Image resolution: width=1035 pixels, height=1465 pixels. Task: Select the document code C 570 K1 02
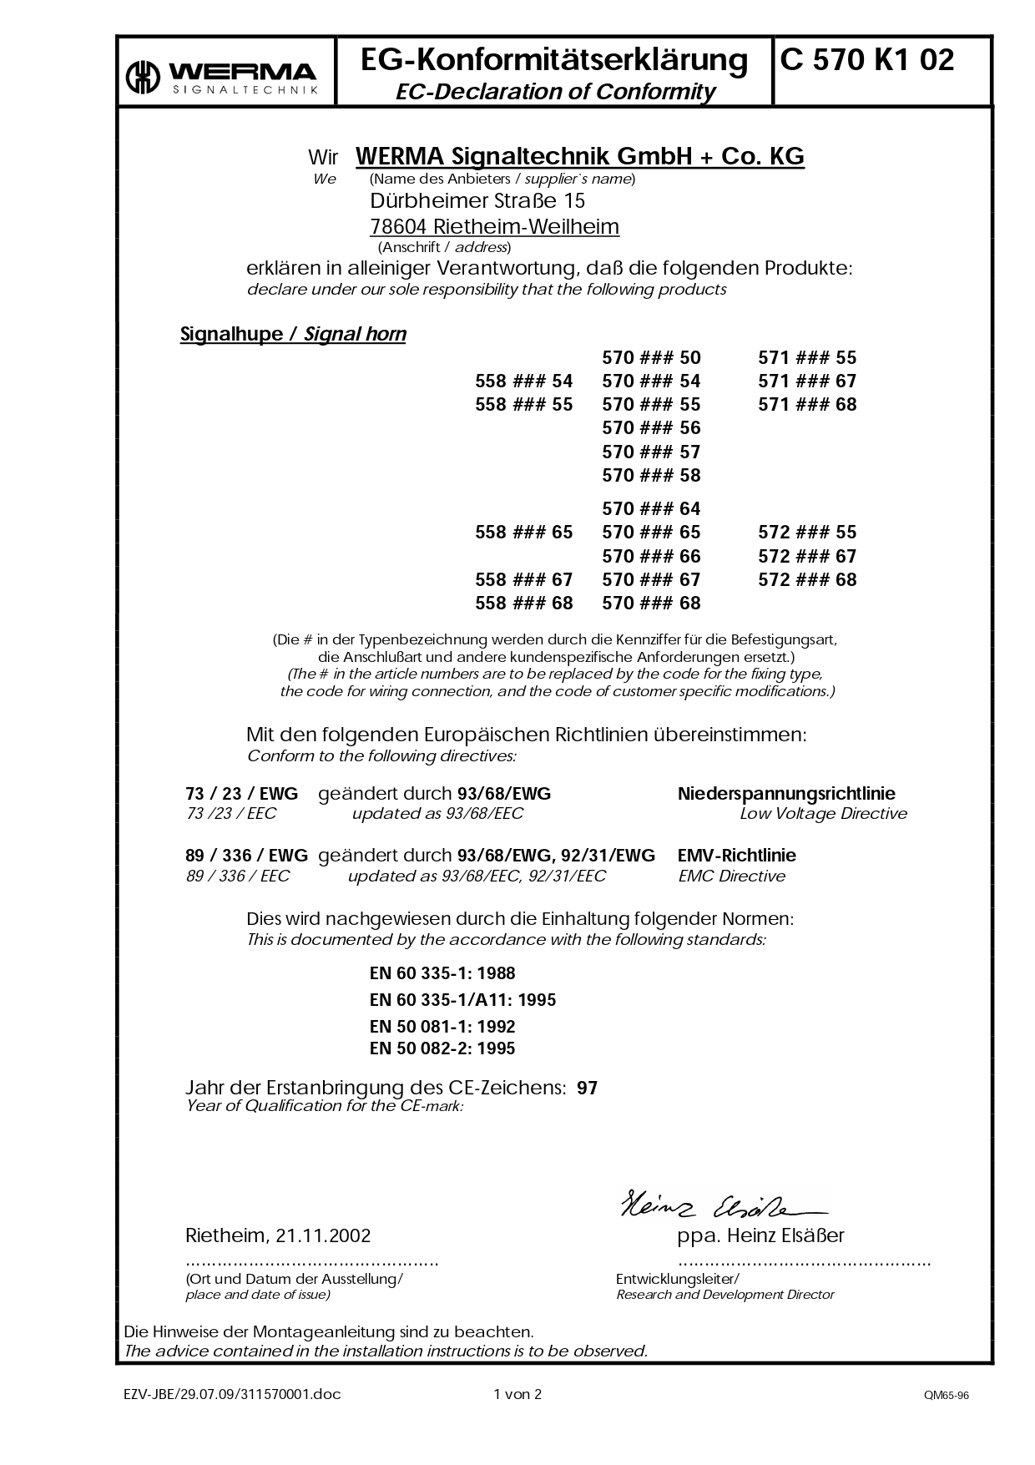(867, 60)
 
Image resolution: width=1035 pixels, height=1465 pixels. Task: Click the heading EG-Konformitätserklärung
(554, 60)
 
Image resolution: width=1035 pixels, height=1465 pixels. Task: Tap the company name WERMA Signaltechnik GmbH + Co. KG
(579, 156)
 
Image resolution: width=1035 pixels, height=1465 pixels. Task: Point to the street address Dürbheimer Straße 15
(477, 201)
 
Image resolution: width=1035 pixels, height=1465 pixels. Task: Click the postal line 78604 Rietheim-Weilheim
(494, 227)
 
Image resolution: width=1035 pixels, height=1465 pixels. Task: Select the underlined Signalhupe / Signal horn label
(293, 335)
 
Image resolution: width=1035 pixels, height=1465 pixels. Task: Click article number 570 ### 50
(651, 358)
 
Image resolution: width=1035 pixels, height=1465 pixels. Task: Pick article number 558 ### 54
(523, 381)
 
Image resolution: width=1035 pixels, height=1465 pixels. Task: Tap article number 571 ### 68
(807, 405)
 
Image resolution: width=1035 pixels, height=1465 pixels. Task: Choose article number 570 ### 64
(651, 509)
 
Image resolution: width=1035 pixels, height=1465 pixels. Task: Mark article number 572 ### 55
(807, 533)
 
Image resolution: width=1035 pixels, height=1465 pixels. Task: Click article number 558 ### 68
(523, 604)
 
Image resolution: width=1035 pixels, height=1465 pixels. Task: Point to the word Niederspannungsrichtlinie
(786, 794)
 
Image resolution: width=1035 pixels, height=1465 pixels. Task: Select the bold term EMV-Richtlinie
(736, 856)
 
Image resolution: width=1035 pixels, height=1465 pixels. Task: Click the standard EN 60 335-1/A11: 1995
(462, 1000)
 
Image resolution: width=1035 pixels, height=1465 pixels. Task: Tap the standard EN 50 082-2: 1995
(442, 1048)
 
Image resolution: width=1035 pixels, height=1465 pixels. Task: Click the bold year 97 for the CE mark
(588, 1089)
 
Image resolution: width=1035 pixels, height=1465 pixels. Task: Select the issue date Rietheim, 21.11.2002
(277, 1235)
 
